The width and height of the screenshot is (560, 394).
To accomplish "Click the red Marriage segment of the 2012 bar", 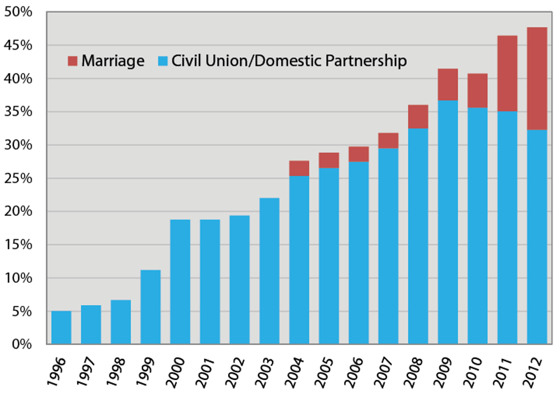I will point(537,78).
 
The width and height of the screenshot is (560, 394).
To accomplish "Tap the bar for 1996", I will point(61,327).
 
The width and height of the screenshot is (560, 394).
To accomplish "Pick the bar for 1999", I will point(150,307).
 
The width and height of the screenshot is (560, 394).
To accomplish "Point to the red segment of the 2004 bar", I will point(299,168).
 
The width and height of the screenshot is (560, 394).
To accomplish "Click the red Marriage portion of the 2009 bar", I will point(448,85).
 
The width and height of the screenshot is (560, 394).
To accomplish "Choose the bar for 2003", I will point(269,271).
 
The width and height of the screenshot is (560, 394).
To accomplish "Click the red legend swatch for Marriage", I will point(73,61).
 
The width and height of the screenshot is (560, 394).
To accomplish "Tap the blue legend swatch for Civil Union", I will point(163,61).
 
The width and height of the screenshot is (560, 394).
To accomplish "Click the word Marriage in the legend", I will point(113,61).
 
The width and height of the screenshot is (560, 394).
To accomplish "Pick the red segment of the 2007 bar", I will point(388,141).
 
